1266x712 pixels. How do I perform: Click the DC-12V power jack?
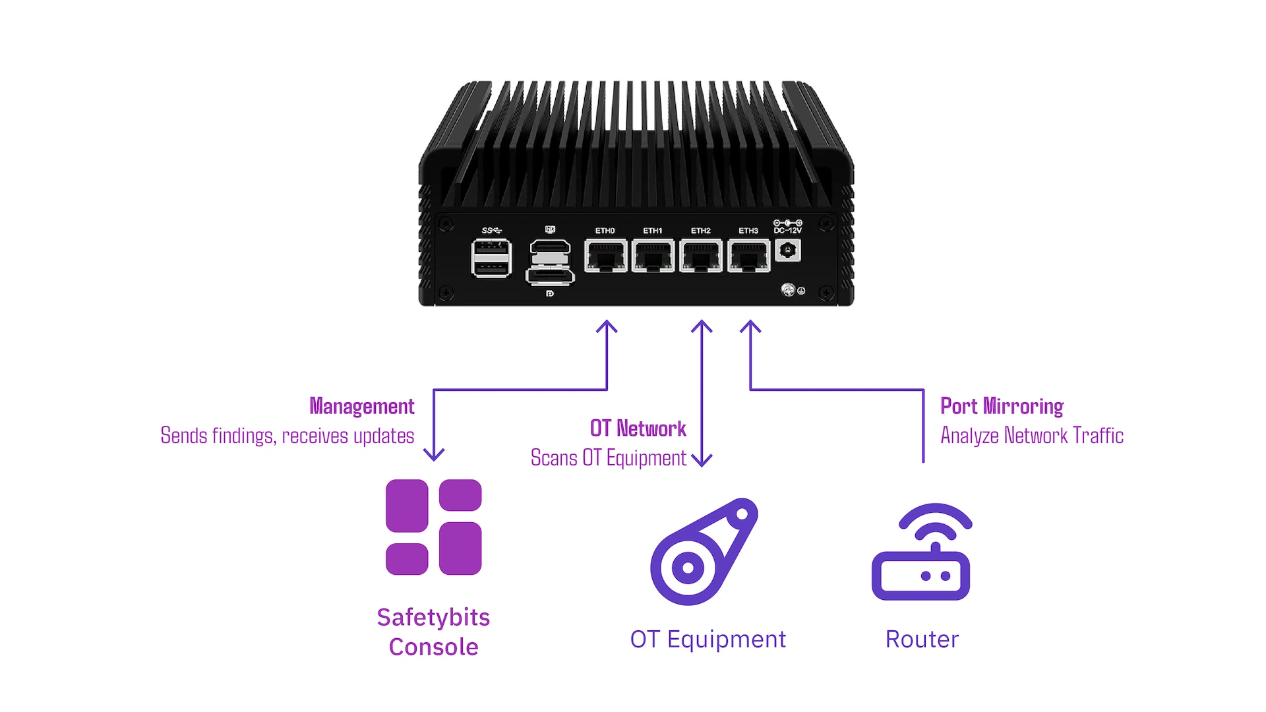pyautogui.click(x=787, y=251)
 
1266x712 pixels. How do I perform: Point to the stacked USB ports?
pyautogui.click(x=491, y=258)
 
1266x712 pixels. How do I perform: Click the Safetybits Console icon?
pyautogui.click(x=433, y=527)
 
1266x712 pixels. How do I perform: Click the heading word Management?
pyautogui.click(x=362, y=406)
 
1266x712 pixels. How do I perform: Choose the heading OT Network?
pyautogui.click(x=638, y=429)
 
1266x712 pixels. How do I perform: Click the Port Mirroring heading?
pyautogui.click(x=1002, y=406)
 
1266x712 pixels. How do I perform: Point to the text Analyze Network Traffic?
pyautogui.click(x=1032, y=436)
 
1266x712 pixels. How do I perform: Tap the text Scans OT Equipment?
pyautogui.click(x=608, y=458)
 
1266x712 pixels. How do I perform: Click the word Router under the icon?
pyautogui.click(x=922, y=639)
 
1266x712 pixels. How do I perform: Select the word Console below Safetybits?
pyautogui.click(x=433, y=647)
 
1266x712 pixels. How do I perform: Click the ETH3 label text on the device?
pyautogui.click(x=748, y=231)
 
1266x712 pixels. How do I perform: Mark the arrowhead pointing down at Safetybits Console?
pyautogui.click(x=434, y=456)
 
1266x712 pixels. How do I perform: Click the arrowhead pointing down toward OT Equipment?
pyautogui.click(x=702, y=461)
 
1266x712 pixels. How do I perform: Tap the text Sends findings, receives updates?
pyautogui.click(x=287, y=436)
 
